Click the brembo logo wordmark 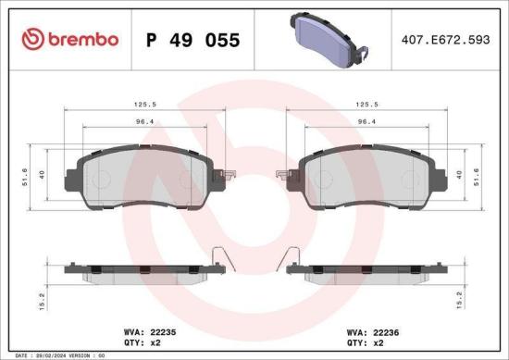[69, 39]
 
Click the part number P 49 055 [193, 40]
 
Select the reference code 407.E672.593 [442, 40]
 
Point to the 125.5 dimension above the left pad [142, 105]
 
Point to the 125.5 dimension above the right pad [369, 105]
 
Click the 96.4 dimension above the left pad [142, 122]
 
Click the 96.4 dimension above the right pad [369, 122]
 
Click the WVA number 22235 [150, 329]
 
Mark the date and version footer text [56, 355]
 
